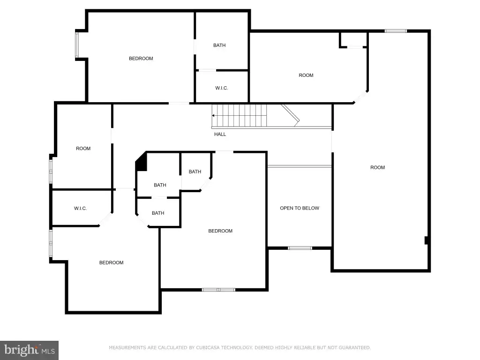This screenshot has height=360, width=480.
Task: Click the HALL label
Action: click(x=220, y=134)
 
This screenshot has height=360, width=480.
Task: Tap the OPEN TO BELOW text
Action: click(x=300, y=208)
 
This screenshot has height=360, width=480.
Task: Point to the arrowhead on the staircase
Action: click(x=213, y=115)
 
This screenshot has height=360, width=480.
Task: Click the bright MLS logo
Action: click(x=30, y=350)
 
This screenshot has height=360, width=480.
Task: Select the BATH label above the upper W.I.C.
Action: click(x=219, y=45)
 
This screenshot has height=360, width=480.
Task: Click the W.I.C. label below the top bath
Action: click(x=222, y=88)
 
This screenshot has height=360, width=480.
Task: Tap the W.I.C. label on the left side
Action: click(x=81, y=209)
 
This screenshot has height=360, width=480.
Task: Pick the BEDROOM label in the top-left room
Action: click(x=141, y=59)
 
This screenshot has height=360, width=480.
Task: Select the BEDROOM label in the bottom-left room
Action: click(x=112, y=262)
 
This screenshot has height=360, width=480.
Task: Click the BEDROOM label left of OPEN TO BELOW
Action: click(x=220, y=231)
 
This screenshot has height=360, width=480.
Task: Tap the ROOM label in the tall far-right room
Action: click(x=377, y=167)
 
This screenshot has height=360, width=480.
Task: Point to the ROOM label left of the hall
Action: click(x=83, y=149)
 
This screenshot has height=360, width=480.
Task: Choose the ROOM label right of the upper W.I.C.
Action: click(x=306, y=75)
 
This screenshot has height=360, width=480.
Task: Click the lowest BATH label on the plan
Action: click(x=158, y=213)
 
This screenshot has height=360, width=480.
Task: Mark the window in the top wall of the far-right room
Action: click(x=396, y=31)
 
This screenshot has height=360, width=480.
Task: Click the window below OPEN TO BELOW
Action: click(x=300, y=248)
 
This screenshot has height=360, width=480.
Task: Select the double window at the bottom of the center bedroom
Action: click(x=218, y=290)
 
